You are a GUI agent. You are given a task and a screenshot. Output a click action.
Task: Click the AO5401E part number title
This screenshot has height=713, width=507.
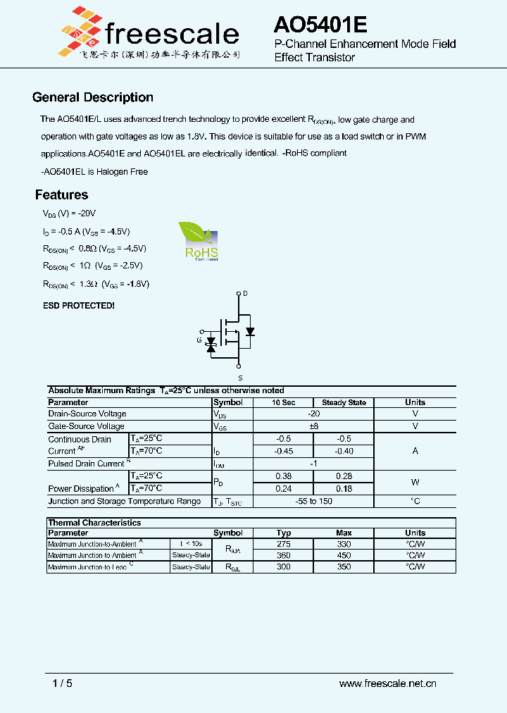pyautogui.click(x=320, y=25)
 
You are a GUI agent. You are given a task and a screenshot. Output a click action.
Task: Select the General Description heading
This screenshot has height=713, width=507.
pyautogui.click(x=93, y=98)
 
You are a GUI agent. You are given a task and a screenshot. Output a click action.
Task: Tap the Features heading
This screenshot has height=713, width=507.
pyautogui.click(x=62, y=195)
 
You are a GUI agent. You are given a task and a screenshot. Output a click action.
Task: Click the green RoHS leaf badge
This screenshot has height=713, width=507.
pyautogui.click(x=200, y=242)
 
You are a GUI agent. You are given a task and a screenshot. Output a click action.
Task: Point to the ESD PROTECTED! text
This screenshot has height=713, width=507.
pyautogui.click(x=79, y=306)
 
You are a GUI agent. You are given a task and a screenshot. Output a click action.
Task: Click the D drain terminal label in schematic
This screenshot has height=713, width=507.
pyautogui.click(x=245, y=292)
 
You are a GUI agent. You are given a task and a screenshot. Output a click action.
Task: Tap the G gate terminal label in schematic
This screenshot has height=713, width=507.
pyautogui.click(x=199, y=340)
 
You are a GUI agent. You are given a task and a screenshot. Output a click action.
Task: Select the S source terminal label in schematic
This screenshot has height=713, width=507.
pyautogui.click(x=240, y=378)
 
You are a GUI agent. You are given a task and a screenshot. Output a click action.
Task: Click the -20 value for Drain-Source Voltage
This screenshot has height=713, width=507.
pyautogui.click(x=313, y=414)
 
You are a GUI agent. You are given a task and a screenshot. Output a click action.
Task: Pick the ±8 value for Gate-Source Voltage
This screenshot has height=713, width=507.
pyautogui.click(x=313, y=426)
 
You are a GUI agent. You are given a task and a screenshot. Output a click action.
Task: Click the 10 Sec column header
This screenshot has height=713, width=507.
pyautogui.click(x=284, y=402)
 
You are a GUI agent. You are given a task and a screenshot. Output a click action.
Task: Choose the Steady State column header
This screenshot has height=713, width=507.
pyautogui.click(x=344, y=402)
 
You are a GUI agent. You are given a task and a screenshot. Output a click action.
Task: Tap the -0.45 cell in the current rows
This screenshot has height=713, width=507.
pyautogui.click(x=284, y=451)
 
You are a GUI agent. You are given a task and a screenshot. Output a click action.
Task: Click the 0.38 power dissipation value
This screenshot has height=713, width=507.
pyautogui.click(x=284, y=476)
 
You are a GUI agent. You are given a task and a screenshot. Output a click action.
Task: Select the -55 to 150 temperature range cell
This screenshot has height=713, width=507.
pyautogui.click(x=313, y=501)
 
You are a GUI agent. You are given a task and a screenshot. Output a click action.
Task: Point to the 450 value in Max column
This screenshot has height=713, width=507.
pyautogui.click(x=344, y=555)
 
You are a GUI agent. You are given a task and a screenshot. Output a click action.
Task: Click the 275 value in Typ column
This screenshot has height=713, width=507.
pyautogui.click(x=284, y=544)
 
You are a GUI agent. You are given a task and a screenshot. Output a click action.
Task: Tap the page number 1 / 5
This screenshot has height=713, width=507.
pyautogui.click(x=63, y=683)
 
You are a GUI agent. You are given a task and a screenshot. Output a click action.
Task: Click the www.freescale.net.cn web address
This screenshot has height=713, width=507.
pyautogui.click(x=388, y=683)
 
